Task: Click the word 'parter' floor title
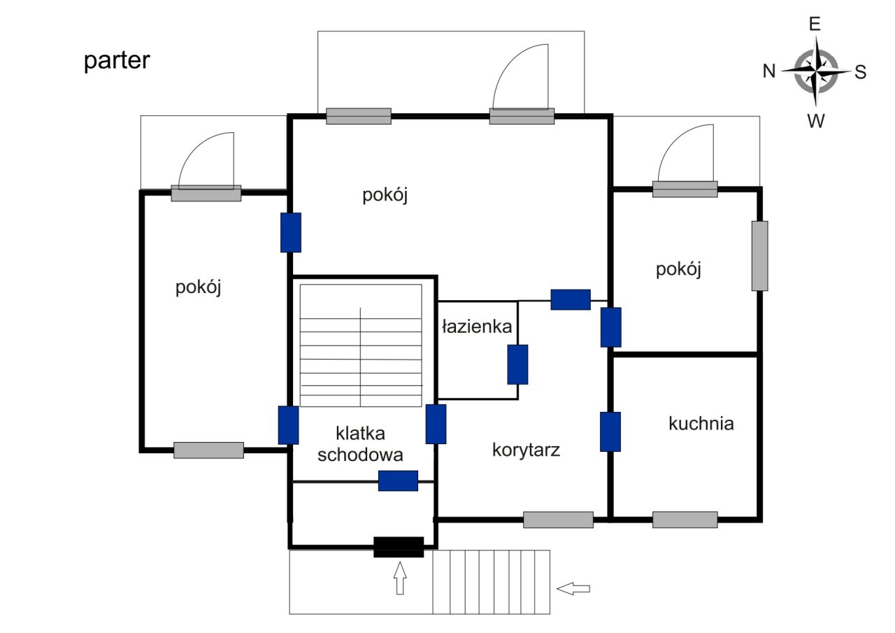click(117, 61)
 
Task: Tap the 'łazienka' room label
click(477, 327)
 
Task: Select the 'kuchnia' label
click(701, 423)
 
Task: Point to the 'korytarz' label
click(526, 450)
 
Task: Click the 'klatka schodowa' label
click(360, 444)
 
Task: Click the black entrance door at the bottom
click(399, 547)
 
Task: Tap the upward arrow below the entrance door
click(400, 578)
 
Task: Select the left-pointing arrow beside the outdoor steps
click(573, 588)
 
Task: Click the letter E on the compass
click(815, 24)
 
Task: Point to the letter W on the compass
click(815, 121)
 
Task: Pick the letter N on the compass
click(769, 71)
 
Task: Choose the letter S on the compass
click(860, 72)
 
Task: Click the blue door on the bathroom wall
click(517, 364)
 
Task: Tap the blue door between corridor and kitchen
click(610, 432)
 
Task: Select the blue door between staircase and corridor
click(436, 424)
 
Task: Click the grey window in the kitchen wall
click(685, 520)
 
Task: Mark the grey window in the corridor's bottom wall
click(558, 520)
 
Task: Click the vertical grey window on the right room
click(759, 256)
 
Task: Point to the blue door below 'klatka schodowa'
click(398, 481)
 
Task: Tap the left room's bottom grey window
click(208, 450)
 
